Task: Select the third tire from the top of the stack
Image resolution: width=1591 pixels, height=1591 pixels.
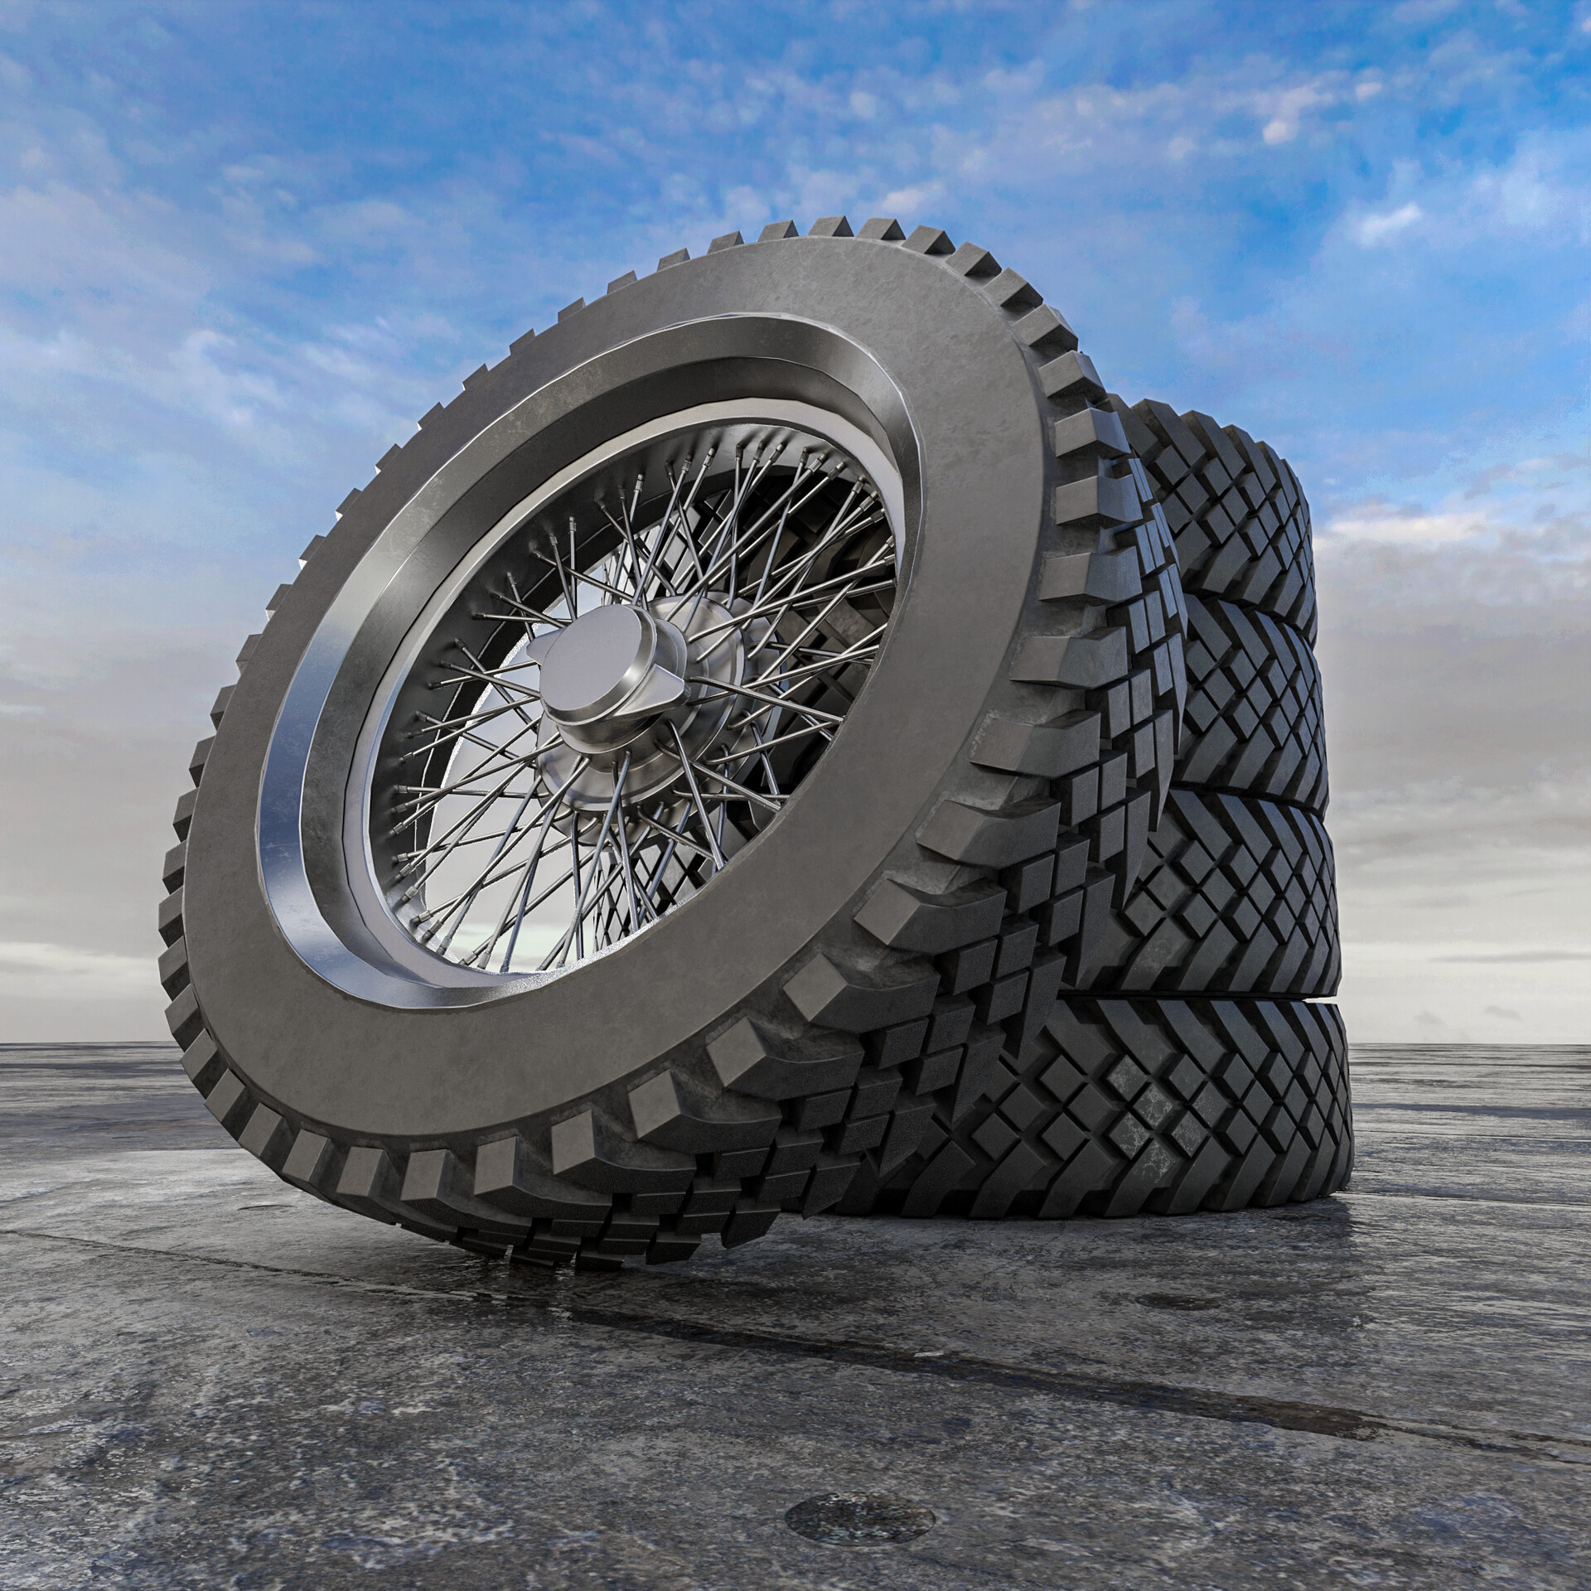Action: pyautogui.click(x=1243, y=895)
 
